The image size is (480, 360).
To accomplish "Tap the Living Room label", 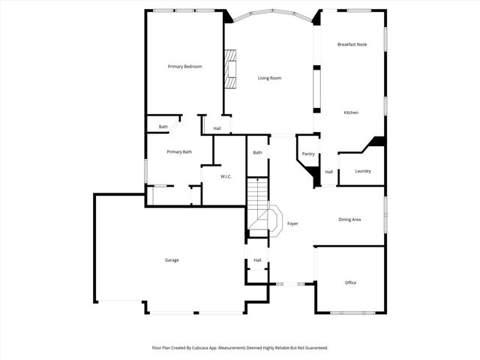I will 269,78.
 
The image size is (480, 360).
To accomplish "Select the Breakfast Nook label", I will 352,45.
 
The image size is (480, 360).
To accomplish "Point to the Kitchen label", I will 351,112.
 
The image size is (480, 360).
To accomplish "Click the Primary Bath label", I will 179,152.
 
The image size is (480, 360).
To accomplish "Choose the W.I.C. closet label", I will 226,176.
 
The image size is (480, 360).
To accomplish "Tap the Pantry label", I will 308,154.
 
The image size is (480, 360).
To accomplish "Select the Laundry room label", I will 363,171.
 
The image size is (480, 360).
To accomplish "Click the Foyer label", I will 292,223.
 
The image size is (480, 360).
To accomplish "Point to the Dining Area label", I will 349,220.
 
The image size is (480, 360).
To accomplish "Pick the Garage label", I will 172,260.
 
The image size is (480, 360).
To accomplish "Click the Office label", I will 350,283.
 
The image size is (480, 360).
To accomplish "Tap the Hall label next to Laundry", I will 328,172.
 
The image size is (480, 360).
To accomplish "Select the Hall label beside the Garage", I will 257,260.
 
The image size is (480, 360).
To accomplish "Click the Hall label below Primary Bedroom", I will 217,128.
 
